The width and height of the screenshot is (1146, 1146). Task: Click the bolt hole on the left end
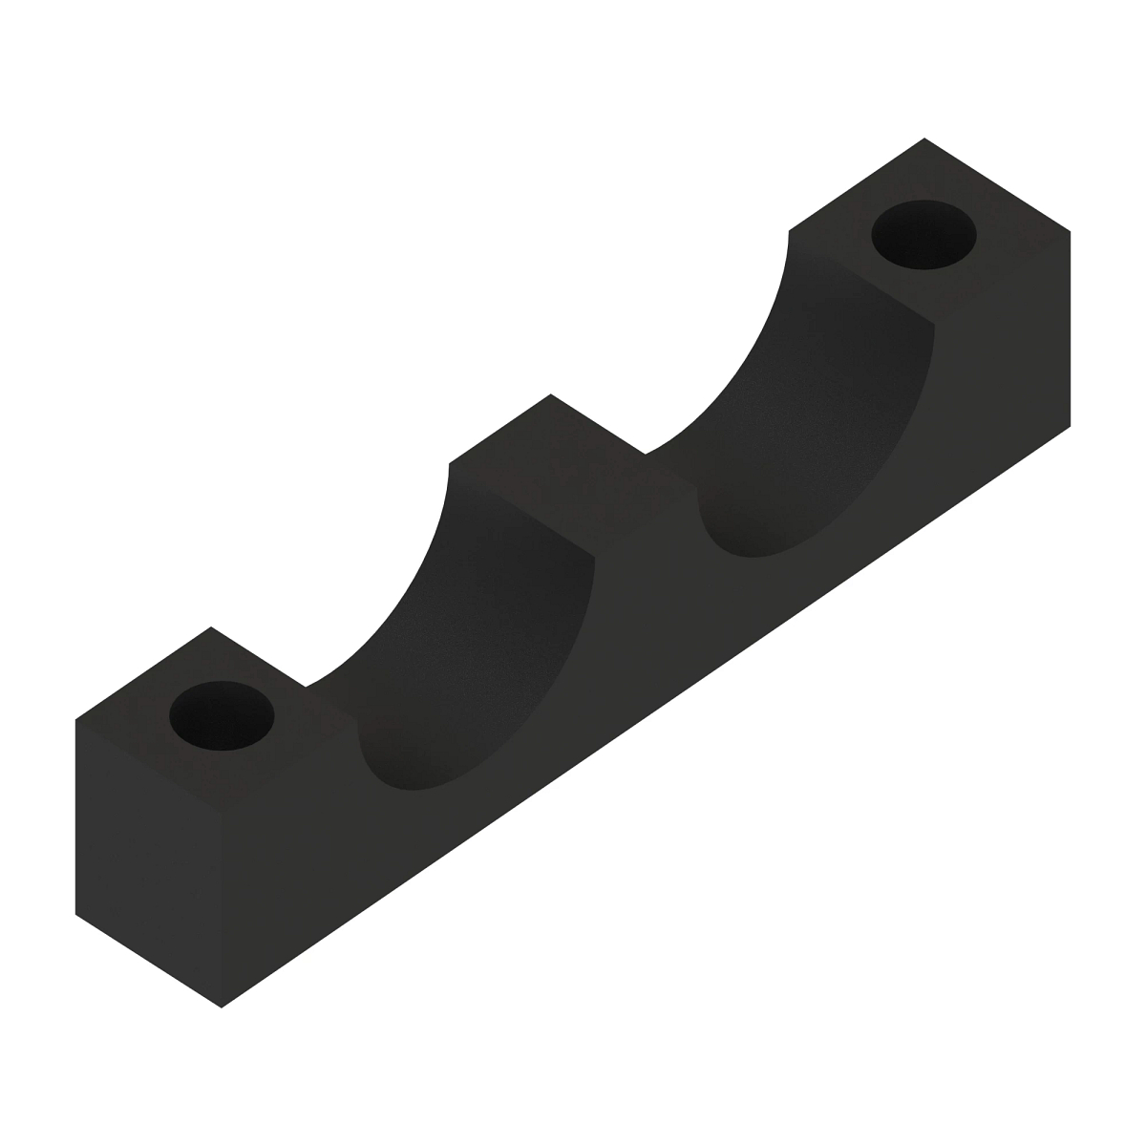coord(222,715)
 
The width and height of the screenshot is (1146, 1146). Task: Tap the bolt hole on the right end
coord(924,235)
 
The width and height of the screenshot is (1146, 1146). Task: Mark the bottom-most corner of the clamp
coord(222,1008)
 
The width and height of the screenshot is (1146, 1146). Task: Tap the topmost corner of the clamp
coord(924,138)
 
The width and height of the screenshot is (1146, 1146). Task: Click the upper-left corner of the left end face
coord(75,719)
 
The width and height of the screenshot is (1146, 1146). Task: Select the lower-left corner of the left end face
coord(75,914)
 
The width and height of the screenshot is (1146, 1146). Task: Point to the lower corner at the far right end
coord(1071,425)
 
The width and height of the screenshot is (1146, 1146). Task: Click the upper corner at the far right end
coord(1071,231)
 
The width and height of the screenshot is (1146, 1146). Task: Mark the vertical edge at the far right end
coord(1071,329)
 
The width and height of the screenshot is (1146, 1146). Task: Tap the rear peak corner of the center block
coord(550,393)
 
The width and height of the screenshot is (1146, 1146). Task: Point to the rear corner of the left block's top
coord(210,626)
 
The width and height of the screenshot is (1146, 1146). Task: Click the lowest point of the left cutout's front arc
coord(411,789)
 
